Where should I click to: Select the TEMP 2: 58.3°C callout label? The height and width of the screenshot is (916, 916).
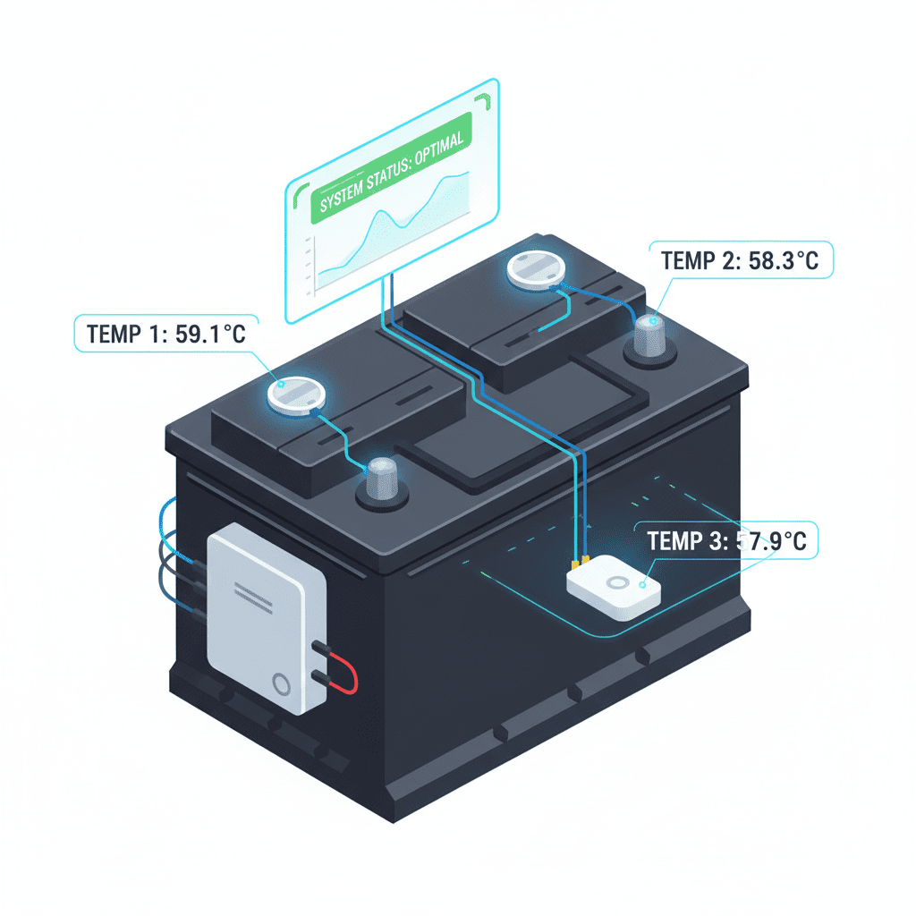pos(739,261)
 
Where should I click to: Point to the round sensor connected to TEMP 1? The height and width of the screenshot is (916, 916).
pos(294,394)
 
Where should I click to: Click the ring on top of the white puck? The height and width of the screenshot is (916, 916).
pos(617,582)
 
